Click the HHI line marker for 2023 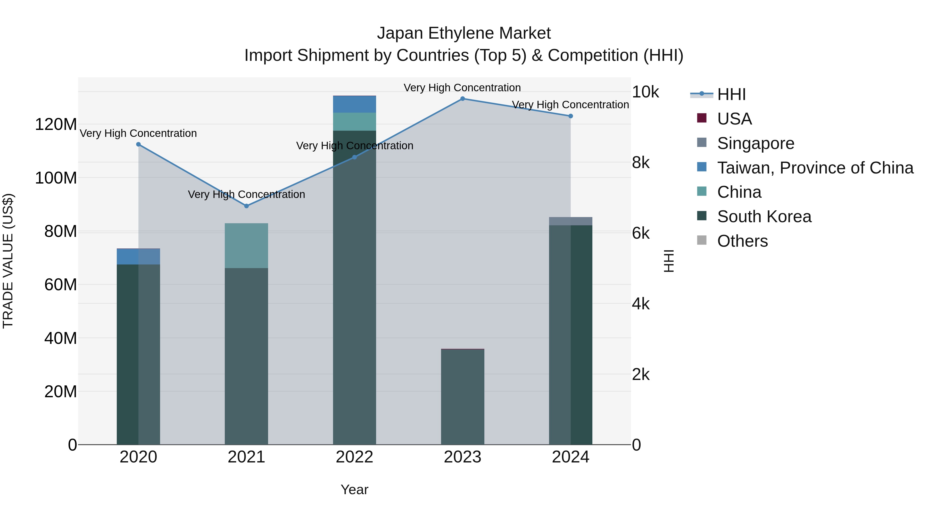point(462,99)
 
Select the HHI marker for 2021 point(246,206)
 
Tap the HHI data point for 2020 point(138,144)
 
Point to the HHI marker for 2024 point(571,116)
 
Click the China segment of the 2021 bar point(246,246)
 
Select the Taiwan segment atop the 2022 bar point(354,104)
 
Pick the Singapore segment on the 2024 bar point(571,221)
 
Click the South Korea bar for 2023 point(462,396)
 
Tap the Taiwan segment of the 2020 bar point(138,257)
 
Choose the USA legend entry point(734,119)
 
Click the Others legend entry point(742,241)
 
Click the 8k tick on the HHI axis point(641,163)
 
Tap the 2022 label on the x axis point(354,457)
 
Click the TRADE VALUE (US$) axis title point(8,261)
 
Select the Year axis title point(354,490)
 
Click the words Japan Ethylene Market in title point(464,34)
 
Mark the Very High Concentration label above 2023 point(462,88)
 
